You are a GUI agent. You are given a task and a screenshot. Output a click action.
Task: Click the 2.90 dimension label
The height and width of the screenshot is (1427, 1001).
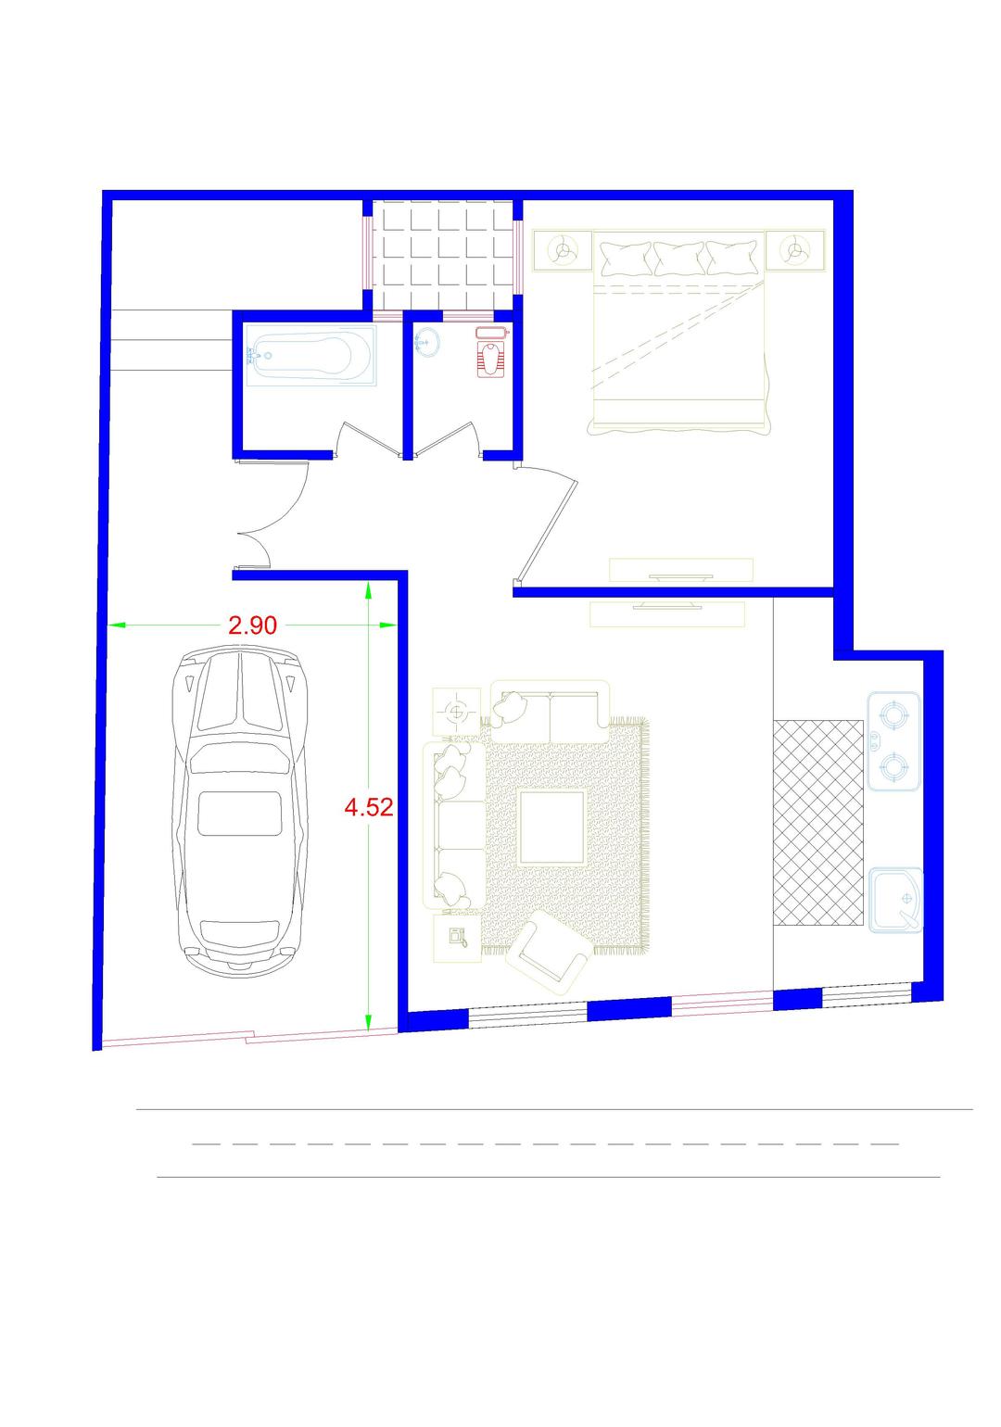pos(253,625)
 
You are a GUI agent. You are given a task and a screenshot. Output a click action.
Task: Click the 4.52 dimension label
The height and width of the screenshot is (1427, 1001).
pos(368,808)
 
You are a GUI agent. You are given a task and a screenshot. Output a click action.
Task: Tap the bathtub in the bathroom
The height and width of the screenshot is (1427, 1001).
pos(310,356)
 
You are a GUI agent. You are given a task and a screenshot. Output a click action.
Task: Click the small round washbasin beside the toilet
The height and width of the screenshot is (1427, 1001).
pos(426,342)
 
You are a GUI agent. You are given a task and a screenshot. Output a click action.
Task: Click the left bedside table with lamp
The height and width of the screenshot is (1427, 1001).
pos(564,250)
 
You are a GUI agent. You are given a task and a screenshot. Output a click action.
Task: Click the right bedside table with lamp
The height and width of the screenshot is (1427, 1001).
pos(794,251)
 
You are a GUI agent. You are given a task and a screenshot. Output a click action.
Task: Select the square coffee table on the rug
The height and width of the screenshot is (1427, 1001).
pos(552,827)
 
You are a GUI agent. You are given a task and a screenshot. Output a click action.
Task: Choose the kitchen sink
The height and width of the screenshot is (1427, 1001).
pos(894,900)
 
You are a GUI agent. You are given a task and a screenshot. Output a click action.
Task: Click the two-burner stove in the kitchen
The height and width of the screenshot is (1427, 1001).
pos(893,742)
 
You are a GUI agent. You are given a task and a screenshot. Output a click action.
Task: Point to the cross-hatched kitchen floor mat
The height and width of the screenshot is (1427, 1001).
pos(818,823)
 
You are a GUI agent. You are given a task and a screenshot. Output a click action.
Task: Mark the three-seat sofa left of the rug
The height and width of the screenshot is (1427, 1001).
pos(453,825)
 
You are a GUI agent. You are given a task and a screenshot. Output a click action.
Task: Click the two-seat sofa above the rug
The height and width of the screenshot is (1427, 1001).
pos(551,711)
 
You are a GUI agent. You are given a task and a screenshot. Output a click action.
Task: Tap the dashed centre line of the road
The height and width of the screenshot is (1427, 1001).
pos(545,1144)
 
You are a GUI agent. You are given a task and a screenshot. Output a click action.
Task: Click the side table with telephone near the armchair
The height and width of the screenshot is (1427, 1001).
pos(457,938)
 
